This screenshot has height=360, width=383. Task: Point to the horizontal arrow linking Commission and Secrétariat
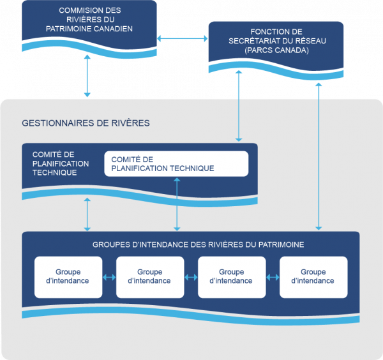(183, 40)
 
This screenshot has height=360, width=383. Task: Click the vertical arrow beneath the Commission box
(87, 75)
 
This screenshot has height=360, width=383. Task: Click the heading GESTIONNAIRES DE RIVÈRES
(86, 123)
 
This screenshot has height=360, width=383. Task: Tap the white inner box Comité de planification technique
(176, 164)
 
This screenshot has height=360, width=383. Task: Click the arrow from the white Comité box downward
(177, 204)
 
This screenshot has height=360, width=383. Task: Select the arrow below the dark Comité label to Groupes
(87, 214)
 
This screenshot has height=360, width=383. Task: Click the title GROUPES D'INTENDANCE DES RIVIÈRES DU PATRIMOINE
(198, 244)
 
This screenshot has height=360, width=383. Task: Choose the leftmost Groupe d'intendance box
(68, 277)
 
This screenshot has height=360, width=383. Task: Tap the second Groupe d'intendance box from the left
(149, 277)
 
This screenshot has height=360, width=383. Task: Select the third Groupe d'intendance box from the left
(231, 277)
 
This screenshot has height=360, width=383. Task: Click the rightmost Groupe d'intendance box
(313, 277)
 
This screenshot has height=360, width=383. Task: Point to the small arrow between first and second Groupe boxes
(109, 277)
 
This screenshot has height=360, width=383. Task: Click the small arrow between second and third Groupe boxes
(191, 277)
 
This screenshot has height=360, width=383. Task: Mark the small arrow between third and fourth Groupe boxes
(273, 277)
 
